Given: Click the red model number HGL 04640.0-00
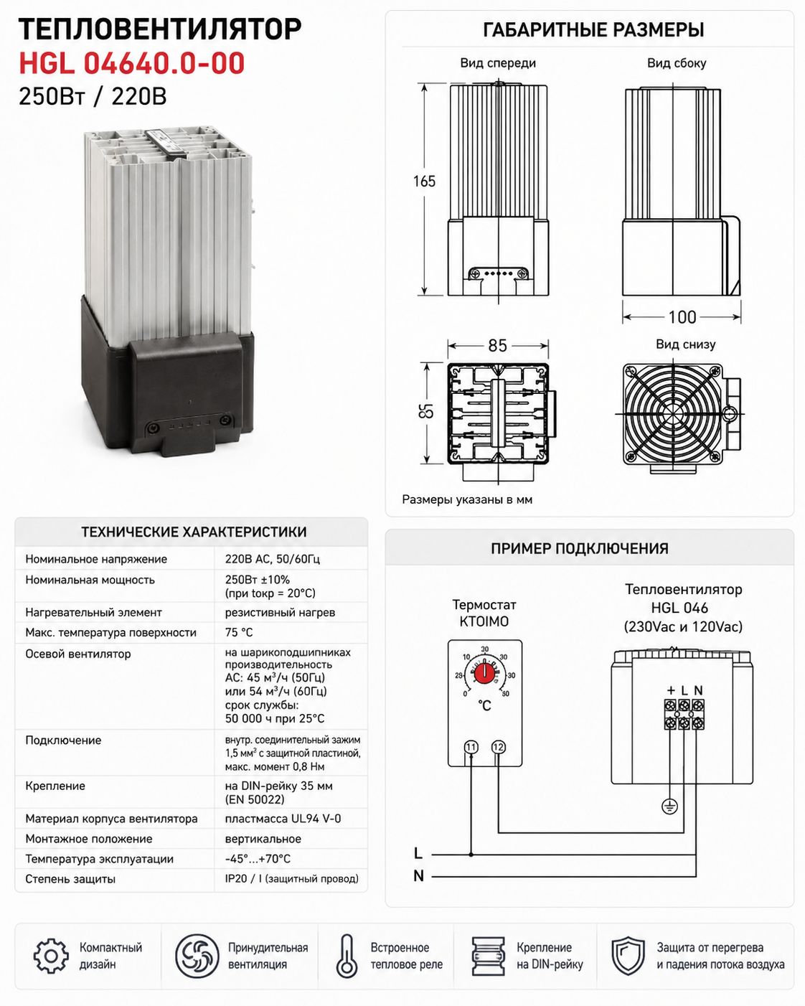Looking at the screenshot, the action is click(x=131, y=63).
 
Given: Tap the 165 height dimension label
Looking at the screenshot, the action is click(x=424, y=181).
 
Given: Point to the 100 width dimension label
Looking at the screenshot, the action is click(x=682, y=317).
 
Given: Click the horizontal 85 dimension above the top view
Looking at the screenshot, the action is click(x=497, y=345).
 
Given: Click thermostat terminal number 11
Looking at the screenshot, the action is click(x=471, y=747).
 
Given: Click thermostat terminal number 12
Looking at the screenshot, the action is click(x=499, y=747).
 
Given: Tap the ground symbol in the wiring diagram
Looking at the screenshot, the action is click(x=670, y=806).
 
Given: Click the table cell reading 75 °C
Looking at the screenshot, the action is click(x=239, y=632).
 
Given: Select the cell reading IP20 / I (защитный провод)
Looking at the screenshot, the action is click(x=292, y=879).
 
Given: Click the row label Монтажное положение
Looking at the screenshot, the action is click(x=89, y=839).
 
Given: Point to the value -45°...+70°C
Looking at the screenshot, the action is click(x=258, y=859).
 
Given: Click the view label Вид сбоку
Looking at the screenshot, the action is click(x=677, y=63).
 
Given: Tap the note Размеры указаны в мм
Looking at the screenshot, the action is click(x=467, y=499).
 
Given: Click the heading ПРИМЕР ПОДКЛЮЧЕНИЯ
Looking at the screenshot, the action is click(x=579, y=548).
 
